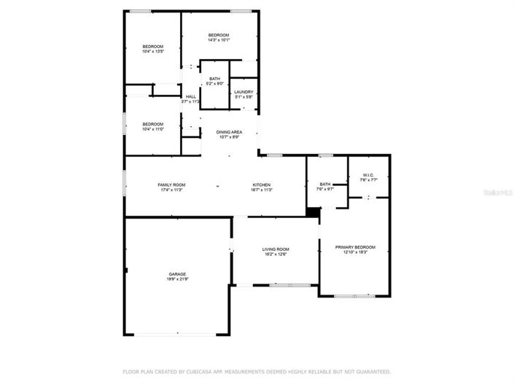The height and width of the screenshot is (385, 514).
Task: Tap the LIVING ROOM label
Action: (x=276, y=249)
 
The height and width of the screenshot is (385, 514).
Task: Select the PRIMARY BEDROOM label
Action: (x=355, y=247)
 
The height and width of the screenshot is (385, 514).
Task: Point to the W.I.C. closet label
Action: (x=367, y=174)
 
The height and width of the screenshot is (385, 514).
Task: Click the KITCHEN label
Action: (x=262, y=185)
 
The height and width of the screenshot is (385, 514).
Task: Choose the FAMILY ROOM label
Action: (x=172, y=185)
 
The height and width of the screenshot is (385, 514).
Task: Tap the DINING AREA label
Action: (x=229, y=132)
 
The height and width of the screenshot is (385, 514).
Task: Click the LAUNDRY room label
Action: (x=244, y=92)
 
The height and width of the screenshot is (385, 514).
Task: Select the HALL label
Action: (x=190, y=96)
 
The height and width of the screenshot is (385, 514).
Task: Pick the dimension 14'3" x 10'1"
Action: (x=219, y=41)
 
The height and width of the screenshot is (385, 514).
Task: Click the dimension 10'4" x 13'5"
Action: (x=152, y=52)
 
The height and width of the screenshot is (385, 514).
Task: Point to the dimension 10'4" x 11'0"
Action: (x=152, y=129)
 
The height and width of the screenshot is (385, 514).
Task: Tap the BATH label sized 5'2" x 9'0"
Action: (x=214, y=79)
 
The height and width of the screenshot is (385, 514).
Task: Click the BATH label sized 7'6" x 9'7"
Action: (x=324, y=184)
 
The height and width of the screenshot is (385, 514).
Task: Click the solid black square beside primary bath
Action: (x=313, y=211)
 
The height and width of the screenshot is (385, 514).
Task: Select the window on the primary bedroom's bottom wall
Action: (x=354, y=295)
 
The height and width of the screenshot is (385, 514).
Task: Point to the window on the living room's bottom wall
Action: (x=284, y=284)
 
